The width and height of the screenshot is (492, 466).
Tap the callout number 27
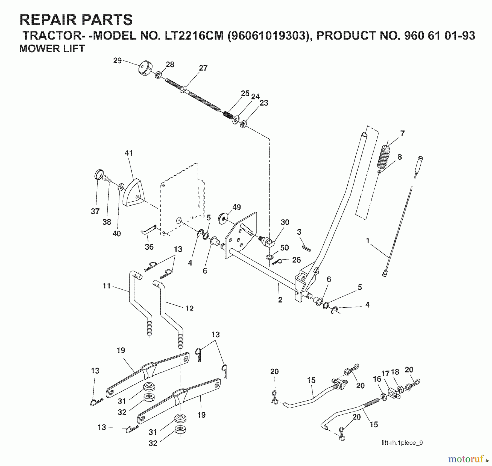pos(203,68)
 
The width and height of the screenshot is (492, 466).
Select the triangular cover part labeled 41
pos(132,192)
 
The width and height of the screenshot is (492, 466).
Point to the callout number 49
pos(237,207)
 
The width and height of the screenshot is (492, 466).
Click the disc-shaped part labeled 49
pos(223,219)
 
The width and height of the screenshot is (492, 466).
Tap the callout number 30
pos(285,222)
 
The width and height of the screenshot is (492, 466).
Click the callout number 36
pos(149,247)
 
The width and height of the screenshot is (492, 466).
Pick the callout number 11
pos(106,286)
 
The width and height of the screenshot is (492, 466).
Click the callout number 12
pos(189,308)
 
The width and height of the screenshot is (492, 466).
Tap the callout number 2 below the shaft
pos(280,300)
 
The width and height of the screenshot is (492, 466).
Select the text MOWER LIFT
pos(52,49)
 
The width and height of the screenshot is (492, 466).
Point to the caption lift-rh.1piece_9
pos(402,443)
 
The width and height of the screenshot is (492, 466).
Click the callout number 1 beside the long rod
pos(368,241)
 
